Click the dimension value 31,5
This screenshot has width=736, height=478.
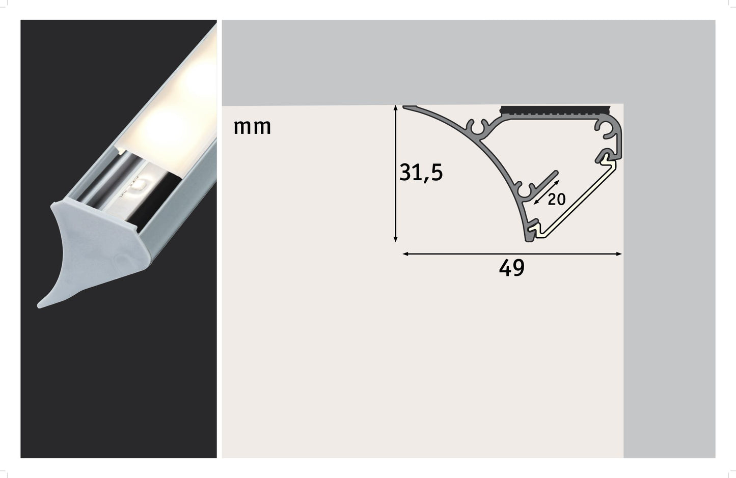click(x=421, y=173)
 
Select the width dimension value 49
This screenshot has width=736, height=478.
click(x=511, y=268)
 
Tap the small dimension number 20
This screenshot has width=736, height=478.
click(x=557, y=200)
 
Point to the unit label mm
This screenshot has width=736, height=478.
click(x=252, y=127)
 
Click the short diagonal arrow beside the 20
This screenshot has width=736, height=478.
click(x=546, y=192)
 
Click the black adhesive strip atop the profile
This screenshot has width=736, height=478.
click(x=555, y=110)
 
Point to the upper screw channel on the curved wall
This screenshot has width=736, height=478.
click(x=477, y=129)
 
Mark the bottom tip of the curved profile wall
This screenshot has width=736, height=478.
click(x=529, y=239)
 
